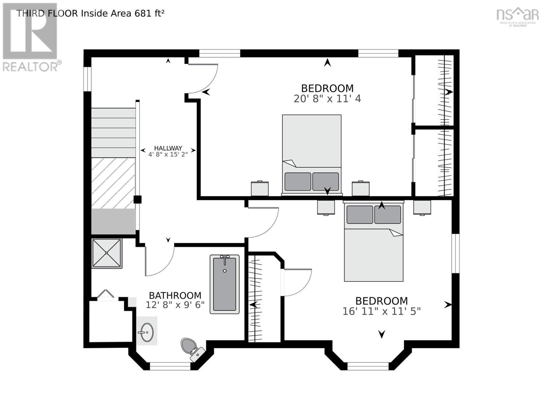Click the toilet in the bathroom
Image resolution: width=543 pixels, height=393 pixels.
tap(193, 349)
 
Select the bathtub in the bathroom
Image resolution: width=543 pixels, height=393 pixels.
tap(224, 284)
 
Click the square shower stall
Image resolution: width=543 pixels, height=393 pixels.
tap(107, 254)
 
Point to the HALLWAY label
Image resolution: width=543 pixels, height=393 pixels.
tap(168, 148)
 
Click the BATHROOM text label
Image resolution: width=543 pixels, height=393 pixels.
tap(175, 296)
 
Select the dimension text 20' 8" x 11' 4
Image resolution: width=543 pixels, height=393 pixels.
tap(327, 99)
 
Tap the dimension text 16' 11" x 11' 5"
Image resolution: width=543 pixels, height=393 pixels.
tap(381, 311)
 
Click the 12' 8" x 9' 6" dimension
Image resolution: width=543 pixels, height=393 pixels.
tap(175, 305)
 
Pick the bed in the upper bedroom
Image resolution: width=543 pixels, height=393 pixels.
tap(312, 155)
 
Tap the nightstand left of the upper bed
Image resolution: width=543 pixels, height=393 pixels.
tap(260, 188)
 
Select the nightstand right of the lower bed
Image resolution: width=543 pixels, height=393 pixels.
tap(422, 208)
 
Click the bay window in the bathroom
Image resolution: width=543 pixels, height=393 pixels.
tap(170, 366)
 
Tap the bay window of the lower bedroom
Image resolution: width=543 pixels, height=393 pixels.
tap(368, 366)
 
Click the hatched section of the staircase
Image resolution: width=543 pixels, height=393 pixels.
tap(113, 183)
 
